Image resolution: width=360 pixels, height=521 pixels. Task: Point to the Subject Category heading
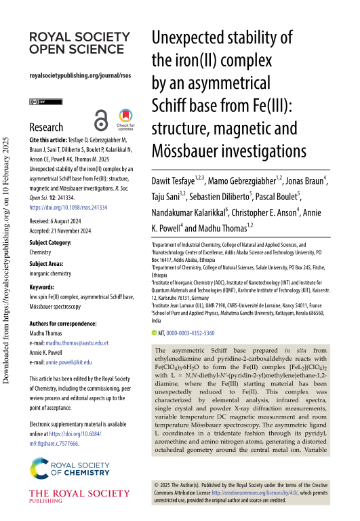pyautogui.click(x=52, y=242)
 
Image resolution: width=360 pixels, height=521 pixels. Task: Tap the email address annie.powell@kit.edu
pyautogui.click(x=74, y=363)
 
